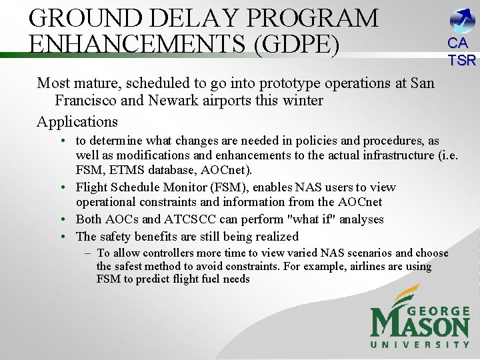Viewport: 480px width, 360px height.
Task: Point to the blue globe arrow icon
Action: tap(462, 21)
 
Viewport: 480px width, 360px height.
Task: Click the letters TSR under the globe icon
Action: tap(461, 61)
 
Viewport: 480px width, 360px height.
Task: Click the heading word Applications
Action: tap(77, 121)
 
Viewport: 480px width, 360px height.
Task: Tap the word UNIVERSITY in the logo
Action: tap(420, 344)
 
